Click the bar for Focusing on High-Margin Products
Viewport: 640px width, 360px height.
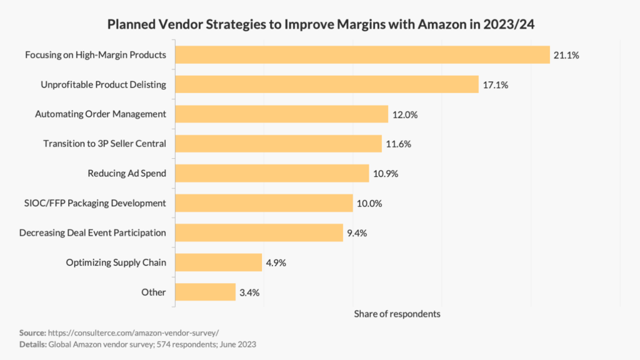pyautogui.click(x=362, y=55)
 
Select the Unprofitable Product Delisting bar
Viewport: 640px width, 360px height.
pyautogui.click(x=327, y=84)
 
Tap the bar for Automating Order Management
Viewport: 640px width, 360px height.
pyautogui.click(x=282, y=114)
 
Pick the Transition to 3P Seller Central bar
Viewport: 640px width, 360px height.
pyautogui.click(x=278, y=144)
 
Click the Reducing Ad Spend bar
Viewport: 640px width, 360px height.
pyautogui.click(x=272, y=173)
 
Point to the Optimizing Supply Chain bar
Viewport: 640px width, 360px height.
pyautogui.click(x=218, y=262)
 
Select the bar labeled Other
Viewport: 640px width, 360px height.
pyautogui.click(x=205, y=292)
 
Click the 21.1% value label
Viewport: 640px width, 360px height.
pyautogui.click(x=566, y=55)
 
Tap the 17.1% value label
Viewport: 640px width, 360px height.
pyautogui.click(x=495, y=84)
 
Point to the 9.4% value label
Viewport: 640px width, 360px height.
pyautogui.click(x=356, y=233)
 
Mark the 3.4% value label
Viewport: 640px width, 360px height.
pyautogui.click(x=249, y=292)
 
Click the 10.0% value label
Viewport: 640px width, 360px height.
pyautogui.click(x=369, y=203)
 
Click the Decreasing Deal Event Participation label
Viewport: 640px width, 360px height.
pyautogui.click(x=92, y=233)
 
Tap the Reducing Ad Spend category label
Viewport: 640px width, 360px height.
pyautogui.click(x=127, y=173)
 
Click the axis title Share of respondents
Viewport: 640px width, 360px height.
pyautogui.click(x=397, y=314)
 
